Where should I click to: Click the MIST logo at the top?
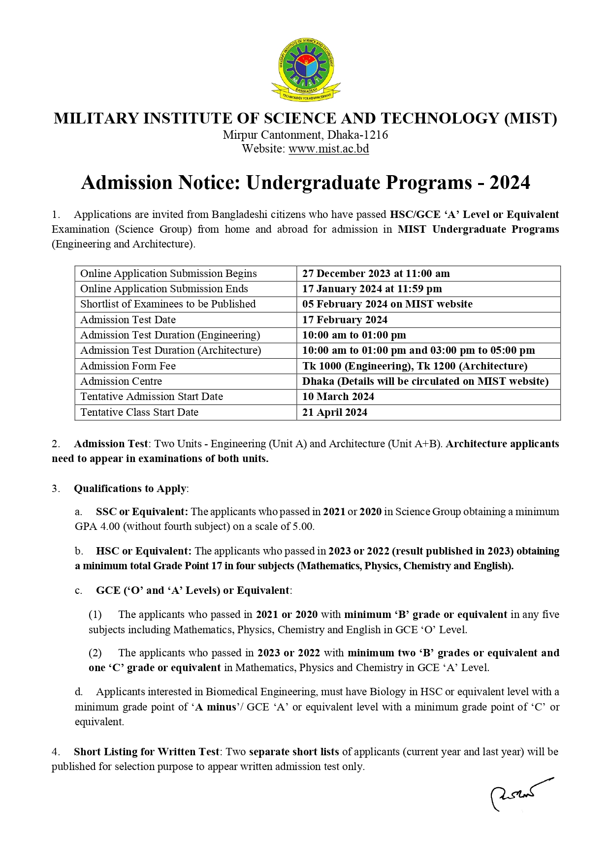(x=306, y=68)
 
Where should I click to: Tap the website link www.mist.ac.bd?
(x=328, y=149)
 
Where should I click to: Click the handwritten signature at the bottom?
(x=519, y=793)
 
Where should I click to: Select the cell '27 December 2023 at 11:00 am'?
(x=376, y=274)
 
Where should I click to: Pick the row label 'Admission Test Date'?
(x=128, y=320)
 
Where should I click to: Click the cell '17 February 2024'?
(x=345, y=320)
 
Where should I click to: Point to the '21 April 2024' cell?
(x=335, y=412)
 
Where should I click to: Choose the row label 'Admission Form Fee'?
(x=128, y=366)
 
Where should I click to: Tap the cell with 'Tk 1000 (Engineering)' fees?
(x=415, y=366)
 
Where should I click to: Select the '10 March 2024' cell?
(x=338, y=397)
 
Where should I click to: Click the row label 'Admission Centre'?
(x=121, y=381)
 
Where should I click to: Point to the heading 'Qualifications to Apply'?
(x=130, y=489)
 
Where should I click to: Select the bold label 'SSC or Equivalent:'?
(x=142, y=512)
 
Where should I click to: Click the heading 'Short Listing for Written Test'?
(x=146, y=752)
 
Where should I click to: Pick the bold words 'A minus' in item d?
(x=215, y=707)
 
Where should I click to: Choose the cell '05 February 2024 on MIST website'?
(x=387, y=304)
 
